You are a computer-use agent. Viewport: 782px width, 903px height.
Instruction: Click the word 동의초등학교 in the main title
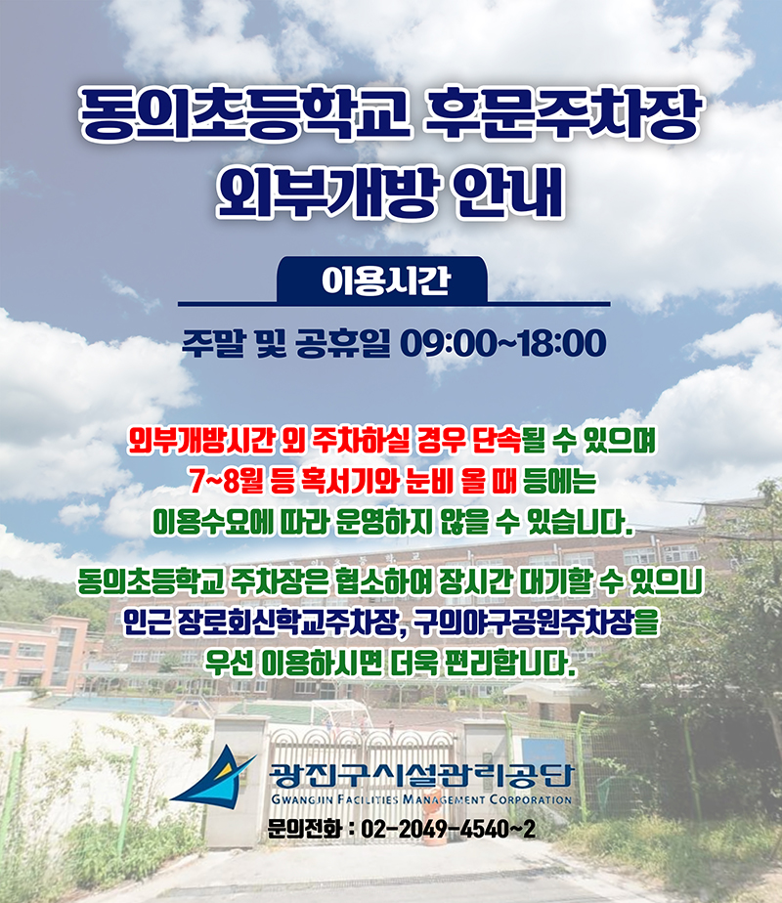(x=244, y=113)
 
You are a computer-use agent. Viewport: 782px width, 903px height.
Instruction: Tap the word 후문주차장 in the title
(x=562, y=113)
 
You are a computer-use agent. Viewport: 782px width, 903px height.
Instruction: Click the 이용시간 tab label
(x=385, y=280)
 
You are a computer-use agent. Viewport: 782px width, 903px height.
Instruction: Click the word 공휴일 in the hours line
(x=343, y=343)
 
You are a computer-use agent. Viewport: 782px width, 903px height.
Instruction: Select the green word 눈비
(x=429, y=482)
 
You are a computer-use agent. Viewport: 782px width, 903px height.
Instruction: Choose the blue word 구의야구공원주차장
(x=523, y=623)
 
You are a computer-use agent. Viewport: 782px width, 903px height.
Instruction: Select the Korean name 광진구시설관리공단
(x=421, y=775)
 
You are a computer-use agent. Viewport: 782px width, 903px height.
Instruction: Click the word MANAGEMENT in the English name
(x=444, y=800)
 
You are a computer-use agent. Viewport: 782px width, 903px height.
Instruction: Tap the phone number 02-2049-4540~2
(x=448, y=830)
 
